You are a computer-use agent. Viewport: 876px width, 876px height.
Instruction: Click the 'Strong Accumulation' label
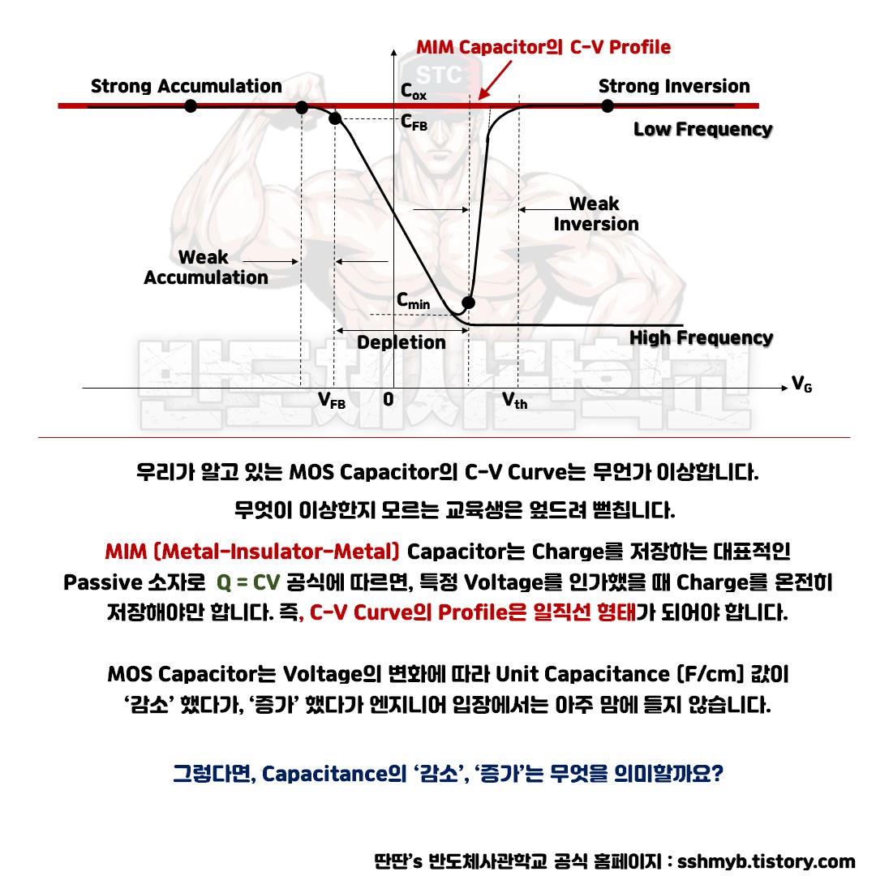click(x=186, y=86)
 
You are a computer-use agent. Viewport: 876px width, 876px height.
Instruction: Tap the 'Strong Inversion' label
click(x=673, y=86)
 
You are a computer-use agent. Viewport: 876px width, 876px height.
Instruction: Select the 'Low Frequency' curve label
click(x=702, y=129)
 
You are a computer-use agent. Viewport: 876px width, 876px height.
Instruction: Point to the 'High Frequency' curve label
click(x=701, y=337)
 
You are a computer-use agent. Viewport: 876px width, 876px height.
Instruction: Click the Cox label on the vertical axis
click(x=413, y=92)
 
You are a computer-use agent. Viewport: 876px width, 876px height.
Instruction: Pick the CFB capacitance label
click(x=414, y=123)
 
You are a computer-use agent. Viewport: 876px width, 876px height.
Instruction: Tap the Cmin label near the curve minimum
click(x=413, y=300)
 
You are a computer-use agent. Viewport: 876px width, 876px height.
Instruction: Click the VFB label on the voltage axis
click(x=331, y=400)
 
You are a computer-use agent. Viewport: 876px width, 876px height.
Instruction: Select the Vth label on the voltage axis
click(x=514, y=400)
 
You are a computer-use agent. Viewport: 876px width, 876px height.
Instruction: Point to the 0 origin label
click(x=389, y=399)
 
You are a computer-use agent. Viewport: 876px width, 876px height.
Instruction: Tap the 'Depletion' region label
click(x=401, y=342)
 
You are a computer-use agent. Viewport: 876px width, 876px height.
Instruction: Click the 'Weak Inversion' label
click(x=595, y=213)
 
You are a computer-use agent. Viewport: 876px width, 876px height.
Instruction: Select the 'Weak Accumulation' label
click(x=205, y=267)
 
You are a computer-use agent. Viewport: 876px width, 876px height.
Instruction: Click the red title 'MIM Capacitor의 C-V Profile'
click(x=543, y=47)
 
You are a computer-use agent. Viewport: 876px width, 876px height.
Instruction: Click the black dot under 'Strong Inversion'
click(x=607, y=105)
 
